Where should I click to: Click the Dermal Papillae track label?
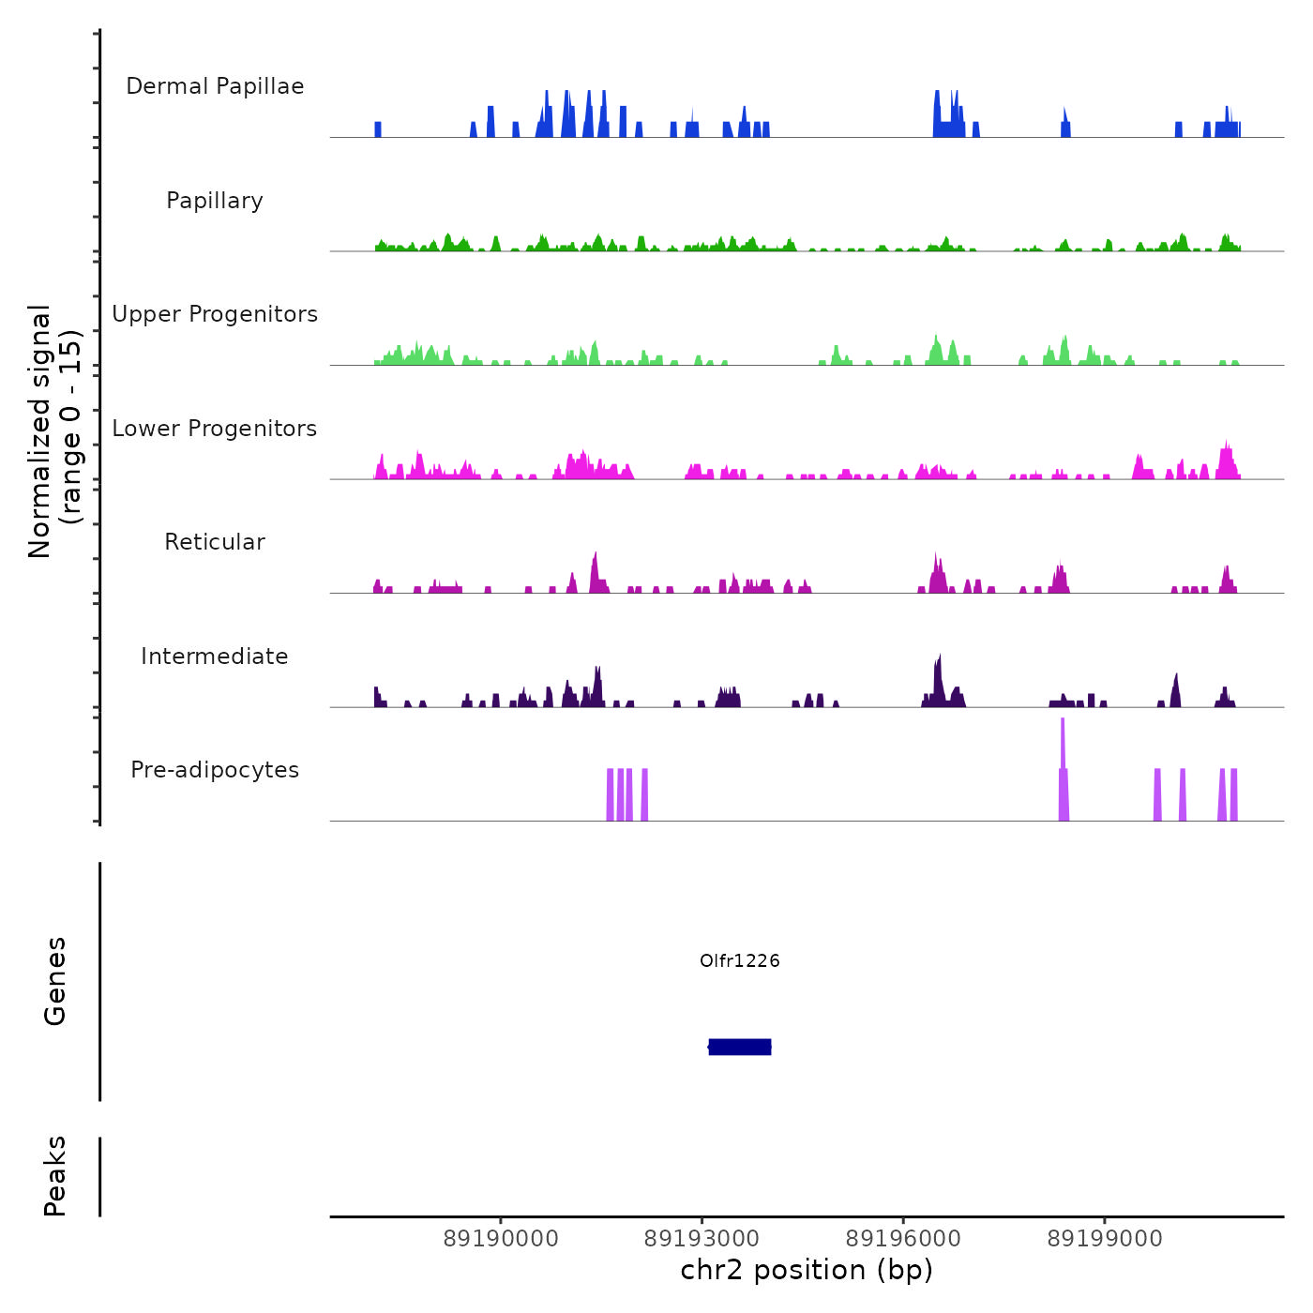coord(215,86)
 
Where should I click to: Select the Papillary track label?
coord(215,201)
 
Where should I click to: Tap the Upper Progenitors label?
coord(215,314)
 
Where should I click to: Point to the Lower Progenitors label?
coord(215,429)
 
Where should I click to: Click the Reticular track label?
coord(215,542)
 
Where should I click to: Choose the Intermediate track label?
coord(215,656)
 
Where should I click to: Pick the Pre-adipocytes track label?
coord(215,770)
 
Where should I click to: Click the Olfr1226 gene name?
coord(740,960)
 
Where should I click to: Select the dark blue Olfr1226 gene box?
coord(740,1047)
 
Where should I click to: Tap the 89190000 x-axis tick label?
coord(501,1239)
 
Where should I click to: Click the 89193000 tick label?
coord(702,1239)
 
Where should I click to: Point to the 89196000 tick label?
coord(903,1239)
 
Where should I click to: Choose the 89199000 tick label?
coord(1105,1239)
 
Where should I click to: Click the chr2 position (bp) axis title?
coord(807,1270)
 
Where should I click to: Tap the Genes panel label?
coord(55,981)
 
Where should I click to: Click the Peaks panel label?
coord(55,1176)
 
